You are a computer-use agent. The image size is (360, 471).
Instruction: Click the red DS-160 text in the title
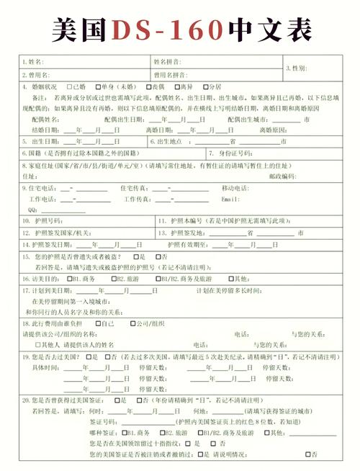[x=167, y=29]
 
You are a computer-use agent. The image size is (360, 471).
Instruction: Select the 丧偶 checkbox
[x=148, y=86]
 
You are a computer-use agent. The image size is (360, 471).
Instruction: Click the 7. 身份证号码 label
[x=230, y=154]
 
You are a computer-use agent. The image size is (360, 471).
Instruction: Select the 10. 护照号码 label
[x=43, y=222]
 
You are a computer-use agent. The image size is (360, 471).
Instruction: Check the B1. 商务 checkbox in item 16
[x=69, y=279]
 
